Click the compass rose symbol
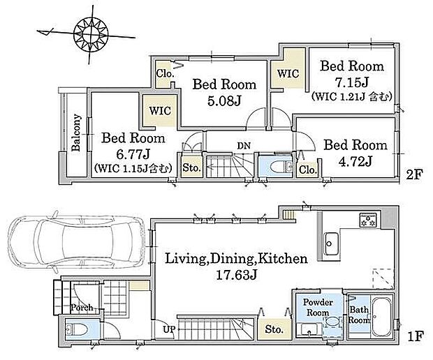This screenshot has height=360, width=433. click(91, 33)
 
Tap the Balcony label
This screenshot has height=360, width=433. click(76, 133)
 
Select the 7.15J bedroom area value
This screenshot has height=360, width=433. click(351, 82)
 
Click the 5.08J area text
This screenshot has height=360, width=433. click(224, 101)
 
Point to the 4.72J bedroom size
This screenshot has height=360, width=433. click(355, 161)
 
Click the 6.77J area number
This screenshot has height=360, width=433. click(133, 154)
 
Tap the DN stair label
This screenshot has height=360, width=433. click(244, 146)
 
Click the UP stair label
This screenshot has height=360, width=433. click(169, 329)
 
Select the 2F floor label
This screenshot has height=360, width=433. click(414, 174)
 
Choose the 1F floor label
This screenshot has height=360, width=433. click(416, 336)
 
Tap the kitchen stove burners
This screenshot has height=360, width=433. click(367, 220)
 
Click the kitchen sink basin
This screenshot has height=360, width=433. click(331, 243)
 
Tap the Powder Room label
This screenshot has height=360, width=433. click(318, 307)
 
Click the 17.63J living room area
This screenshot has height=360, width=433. click(236, 275)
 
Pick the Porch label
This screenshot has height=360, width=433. click(82, 307)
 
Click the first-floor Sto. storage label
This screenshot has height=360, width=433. click(274, 329)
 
